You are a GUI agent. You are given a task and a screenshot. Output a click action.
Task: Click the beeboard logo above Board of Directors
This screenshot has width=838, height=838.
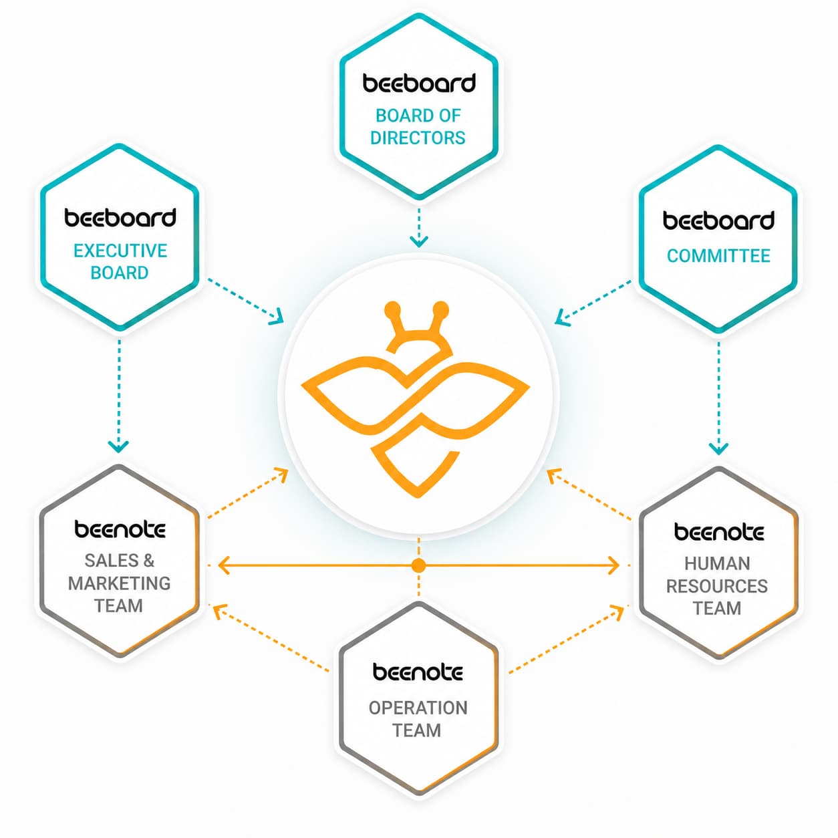click(x=419, y=83)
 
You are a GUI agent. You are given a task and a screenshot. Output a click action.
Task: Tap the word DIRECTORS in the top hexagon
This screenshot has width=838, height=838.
click(x=418, y=138)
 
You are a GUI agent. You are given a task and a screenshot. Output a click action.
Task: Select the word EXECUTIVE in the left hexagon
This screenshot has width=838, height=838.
click(x=120, y=251)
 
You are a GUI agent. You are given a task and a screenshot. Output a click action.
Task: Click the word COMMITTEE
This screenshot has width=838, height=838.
click(x=718, y=256)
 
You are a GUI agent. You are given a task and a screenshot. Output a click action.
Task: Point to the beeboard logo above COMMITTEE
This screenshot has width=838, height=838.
click(x=718, y=221)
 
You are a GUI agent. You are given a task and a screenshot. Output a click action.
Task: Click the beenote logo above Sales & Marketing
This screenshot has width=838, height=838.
click(x=120, y=529)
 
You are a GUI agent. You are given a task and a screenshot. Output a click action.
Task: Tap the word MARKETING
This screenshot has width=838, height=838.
click(x=119, y=583)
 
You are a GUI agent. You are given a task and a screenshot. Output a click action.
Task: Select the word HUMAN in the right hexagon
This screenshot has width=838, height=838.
click(x=717, y=563)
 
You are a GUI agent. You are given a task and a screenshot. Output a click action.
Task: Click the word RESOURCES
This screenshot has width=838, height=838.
click(x=716, y=586)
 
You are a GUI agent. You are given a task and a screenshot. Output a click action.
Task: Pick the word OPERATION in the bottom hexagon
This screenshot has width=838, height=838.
click(x=418, y=708)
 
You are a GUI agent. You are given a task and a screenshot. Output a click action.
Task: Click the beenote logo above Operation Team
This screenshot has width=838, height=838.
click(x=418, y=672)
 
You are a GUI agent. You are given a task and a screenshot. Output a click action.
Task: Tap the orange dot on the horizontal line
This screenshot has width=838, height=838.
click(x=418, y=566)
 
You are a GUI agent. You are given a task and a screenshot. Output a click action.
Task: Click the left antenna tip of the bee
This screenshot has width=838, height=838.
click(x=393, y=309)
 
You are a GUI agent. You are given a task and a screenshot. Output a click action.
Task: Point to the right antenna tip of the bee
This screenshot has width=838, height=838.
click(x=440, y=309)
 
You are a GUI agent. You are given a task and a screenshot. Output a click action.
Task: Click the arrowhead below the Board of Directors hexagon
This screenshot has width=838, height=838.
click(x=419, y=241)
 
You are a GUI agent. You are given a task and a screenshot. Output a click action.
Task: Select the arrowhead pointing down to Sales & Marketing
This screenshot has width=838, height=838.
click(x=118, y=446)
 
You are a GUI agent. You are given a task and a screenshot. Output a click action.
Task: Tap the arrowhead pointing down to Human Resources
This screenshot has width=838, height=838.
click(x=718, y=448)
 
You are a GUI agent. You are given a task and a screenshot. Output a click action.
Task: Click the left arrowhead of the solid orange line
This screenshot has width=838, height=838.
click(x=223, y=566)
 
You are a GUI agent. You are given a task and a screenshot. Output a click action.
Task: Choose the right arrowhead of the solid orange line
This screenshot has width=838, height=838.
click(x=613, y=566)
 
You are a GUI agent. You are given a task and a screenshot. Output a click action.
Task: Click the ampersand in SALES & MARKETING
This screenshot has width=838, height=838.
click(x=149, y=561)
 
